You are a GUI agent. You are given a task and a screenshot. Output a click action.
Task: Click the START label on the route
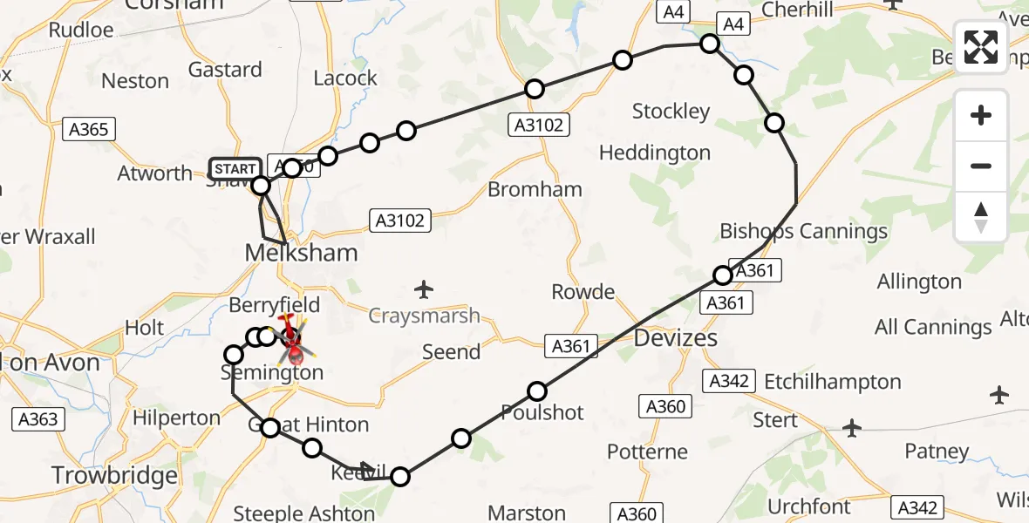point(235,168)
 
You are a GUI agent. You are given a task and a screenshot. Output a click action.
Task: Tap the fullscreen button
point(981,47)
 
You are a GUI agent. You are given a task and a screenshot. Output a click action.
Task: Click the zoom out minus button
point(981,166)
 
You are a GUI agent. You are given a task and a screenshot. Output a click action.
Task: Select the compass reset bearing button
point(981,216)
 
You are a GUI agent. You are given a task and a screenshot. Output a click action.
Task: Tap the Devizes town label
point(677,338)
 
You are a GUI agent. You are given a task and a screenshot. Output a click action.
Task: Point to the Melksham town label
point(301,253)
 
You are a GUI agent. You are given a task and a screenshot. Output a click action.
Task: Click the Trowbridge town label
point(114,476)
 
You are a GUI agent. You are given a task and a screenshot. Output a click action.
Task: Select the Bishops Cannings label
point(803,231)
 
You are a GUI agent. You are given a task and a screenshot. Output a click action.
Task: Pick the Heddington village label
point(654,153)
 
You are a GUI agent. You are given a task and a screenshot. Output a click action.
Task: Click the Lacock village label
point(344,78)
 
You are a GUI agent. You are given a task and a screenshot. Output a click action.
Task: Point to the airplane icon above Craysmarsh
point(424,289)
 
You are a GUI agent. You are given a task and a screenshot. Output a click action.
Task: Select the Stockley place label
point(671,112)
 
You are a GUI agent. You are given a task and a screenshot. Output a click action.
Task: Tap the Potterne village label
point(647,452)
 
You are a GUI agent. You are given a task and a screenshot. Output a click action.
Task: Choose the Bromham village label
point(535,189)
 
